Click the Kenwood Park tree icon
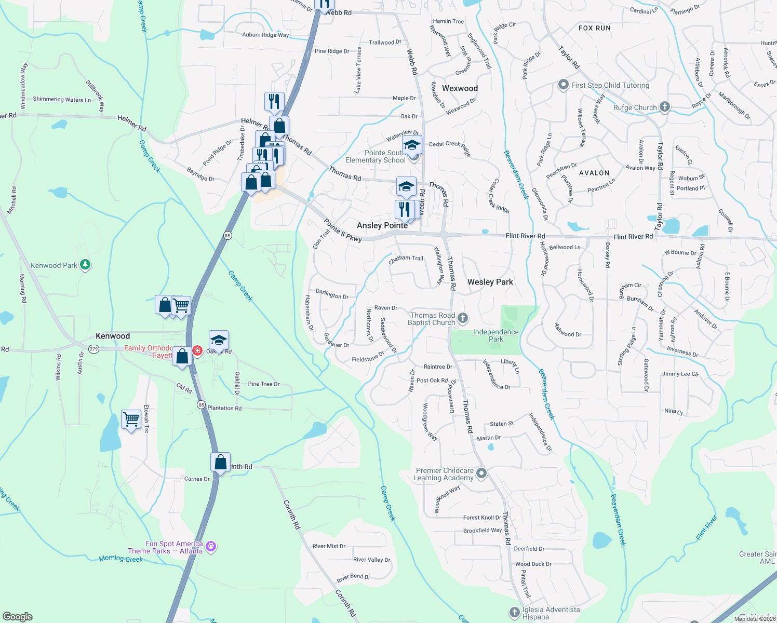[x=85, y=265]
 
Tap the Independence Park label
[x=495, y=335]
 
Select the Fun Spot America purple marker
[x=210, y=546]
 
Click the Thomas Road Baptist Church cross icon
[x=463, y=318]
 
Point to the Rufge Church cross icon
[x=664, y=107]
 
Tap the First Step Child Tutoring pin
[x=563, y=85]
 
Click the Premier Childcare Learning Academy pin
[x=481, y=473]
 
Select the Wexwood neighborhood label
[x=460, y=88]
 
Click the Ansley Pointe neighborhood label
[x=382, y=225]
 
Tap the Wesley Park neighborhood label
[x=490, y=282]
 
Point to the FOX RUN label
[x=594, y=28]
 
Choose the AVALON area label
[x=594, y=173]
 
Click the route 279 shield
[x=93, y=349]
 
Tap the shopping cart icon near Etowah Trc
[x=131, y=419]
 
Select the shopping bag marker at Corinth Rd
[x=220, y=462]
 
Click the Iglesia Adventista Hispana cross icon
[x=514, y=613]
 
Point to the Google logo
[x=17, y=616]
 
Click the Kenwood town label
[x=113, y=336]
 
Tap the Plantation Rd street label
[x=224, y=408]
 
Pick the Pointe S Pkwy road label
[x=342, y=230]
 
